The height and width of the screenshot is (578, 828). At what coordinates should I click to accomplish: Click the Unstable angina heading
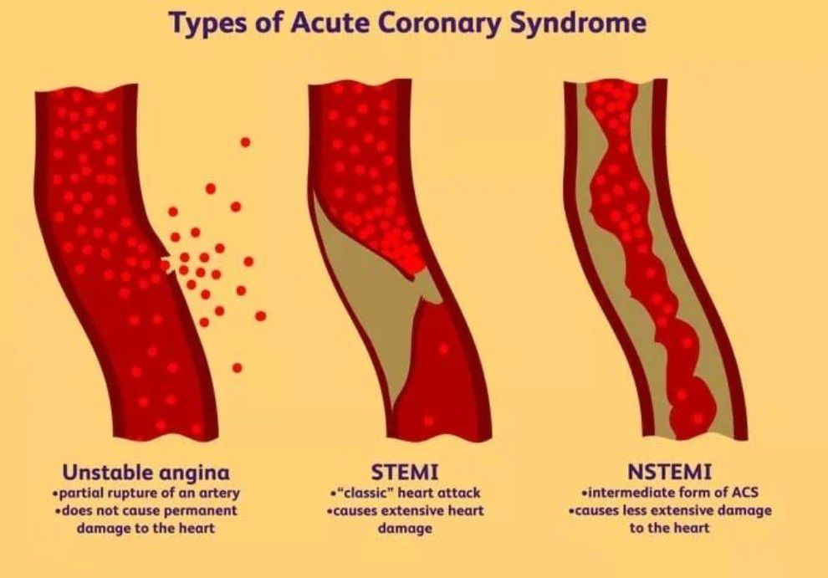tap(146, 472)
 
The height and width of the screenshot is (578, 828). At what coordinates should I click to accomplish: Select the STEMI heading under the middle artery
tap(405, 471)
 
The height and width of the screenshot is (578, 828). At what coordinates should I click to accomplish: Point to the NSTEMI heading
tap(669, 471)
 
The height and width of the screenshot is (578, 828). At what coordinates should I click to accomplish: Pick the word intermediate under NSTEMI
tap(630, 493)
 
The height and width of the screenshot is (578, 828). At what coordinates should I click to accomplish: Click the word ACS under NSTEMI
tap(744, 493)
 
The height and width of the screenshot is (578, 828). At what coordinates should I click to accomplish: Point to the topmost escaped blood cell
tap(245, 142)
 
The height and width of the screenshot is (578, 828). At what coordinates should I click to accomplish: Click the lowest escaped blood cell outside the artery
tap(237, 368)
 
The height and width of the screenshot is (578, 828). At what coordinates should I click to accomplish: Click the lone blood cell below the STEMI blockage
tap(443, 349)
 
